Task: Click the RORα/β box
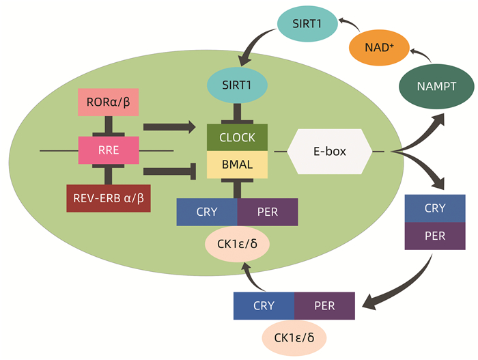[109, 102]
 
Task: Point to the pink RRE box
[109, 150]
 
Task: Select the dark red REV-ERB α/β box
[109, 198]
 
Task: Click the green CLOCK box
[237, 137]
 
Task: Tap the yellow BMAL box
[237, 165]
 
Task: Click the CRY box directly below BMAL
[206, 212]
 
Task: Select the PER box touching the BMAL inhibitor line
[267, 212]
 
